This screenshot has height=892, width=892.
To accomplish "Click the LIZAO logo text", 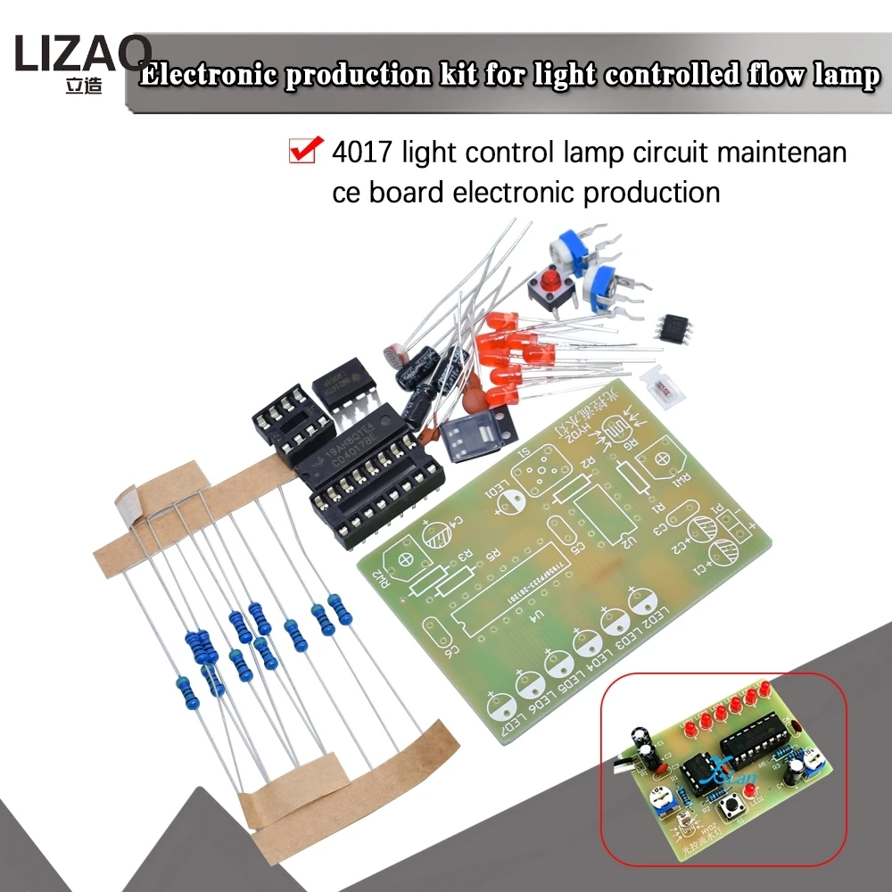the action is tap(82, 55).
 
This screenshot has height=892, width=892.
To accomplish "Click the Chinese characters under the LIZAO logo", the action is tap(83, 88).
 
